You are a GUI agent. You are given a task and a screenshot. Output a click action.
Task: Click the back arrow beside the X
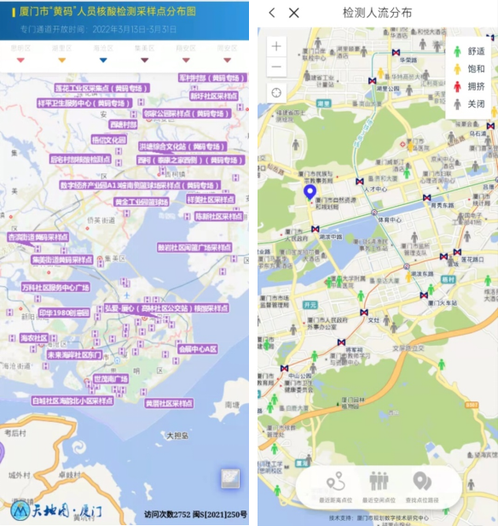click(x=272, y=13)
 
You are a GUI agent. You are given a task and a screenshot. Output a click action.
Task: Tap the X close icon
click(x=294, y=13)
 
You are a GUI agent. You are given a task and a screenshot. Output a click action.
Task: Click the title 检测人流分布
click(x=377, y=13)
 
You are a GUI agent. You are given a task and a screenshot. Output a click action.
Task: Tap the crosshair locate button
click(x=277, y=92)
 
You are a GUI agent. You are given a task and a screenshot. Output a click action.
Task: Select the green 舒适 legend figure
click(x=457, y=51)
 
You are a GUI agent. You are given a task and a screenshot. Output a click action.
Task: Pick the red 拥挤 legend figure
click(x=457, y=86)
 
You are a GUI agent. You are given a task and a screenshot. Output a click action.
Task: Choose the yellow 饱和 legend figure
click(x=457, y=69)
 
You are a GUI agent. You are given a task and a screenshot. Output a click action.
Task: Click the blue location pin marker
click(x=310, y=192)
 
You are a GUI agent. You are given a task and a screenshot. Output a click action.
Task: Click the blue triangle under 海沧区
click(x=103, y=60)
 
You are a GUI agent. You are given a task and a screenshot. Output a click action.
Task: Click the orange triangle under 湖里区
click(x=61, y=60)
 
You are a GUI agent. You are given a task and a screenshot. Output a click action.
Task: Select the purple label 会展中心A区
click(x=198, y=348)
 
